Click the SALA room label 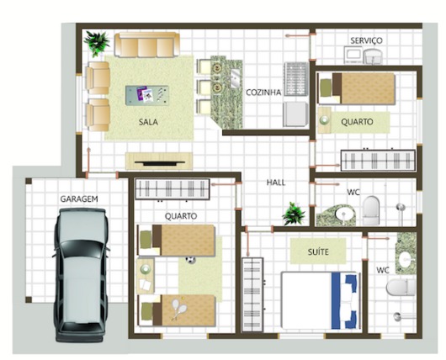[149, 121]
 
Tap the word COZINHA [263, 93]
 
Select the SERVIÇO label [367, 40]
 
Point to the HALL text [275, 182]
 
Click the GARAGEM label [79, 199]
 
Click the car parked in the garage [80, 274]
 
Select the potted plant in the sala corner [98, 41]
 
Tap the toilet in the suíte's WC [398, 289]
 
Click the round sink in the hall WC [344, 214]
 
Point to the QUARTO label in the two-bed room [181, 216]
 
